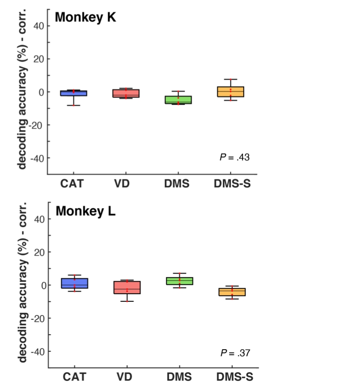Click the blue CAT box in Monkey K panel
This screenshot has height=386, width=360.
point(74,93)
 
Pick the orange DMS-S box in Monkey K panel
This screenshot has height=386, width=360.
point(230,91)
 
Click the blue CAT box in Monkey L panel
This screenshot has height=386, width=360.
point(74,283)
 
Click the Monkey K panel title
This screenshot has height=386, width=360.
point(86,18)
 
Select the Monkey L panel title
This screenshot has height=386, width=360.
point(85,211)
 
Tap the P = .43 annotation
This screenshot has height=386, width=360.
point(234,157)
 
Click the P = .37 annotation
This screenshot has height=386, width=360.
point(235,353)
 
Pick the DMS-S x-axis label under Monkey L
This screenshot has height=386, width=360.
point(232,377)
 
